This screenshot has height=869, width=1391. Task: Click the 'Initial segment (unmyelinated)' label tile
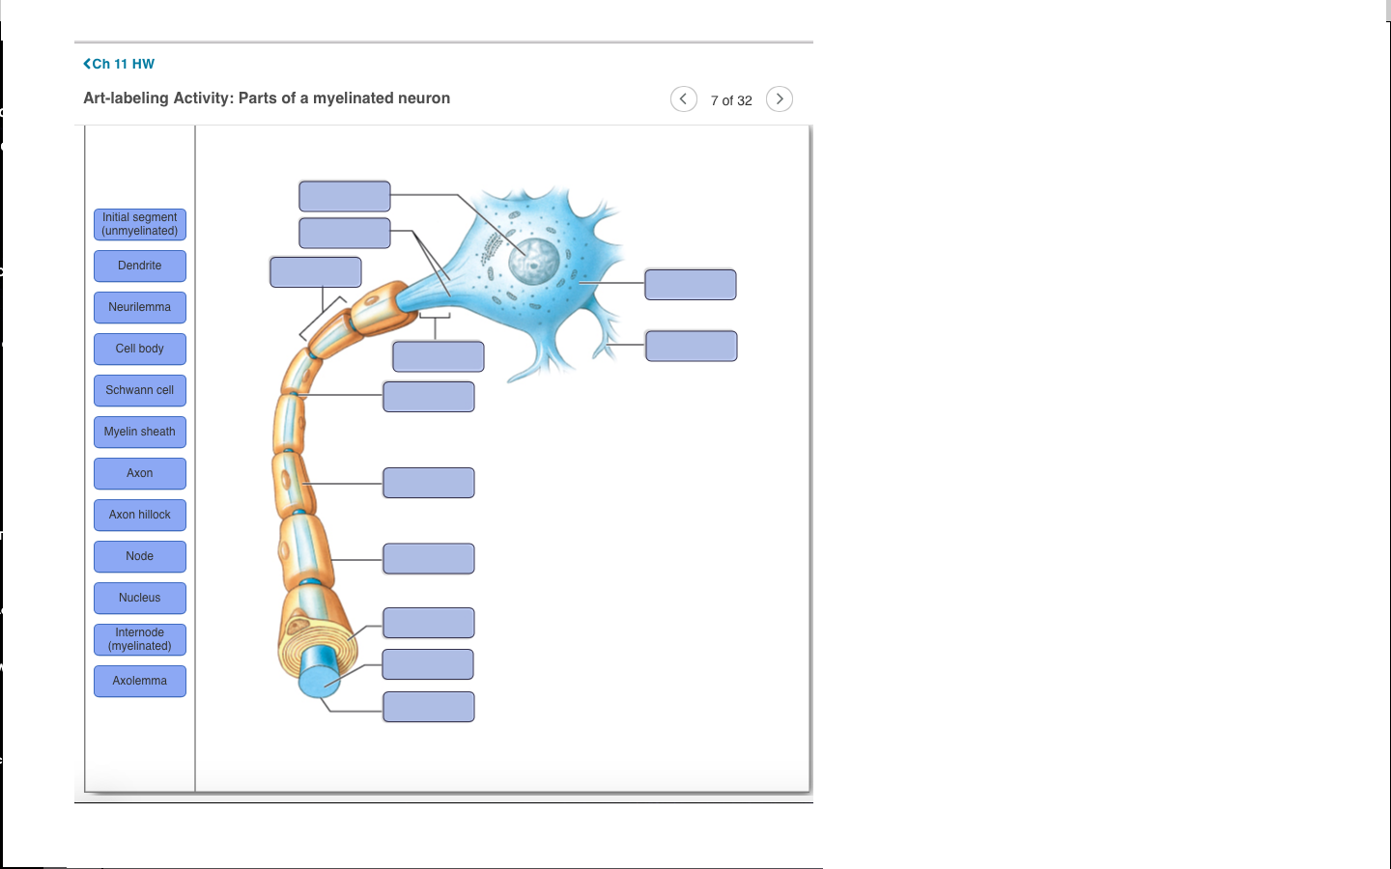(140, 224)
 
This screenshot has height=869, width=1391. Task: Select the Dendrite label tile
(140, 266)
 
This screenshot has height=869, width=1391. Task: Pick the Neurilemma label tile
(140, 307)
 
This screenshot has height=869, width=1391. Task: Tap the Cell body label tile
(140, 349)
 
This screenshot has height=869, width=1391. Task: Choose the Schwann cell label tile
(140, 390)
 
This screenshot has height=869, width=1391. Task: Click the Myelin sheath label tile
(140, 432)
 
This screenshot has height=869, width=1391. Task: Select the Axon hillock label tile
(140, 515)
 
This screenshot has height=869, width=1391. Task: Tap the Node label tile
(140, 556)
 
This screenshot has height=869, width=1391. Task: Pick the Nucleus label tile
(140, 598)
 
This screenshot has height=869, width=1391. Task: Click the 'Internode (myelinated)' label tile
(140, 639)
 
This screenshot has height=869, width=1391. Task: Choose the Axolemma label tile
(140, 681)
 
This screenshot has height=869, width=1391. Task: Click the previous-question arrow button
(684, 99)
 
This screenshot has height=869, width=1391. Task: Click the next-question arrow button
(780, 99)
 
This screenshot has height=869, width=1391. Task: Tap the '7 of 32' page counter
(731, 100)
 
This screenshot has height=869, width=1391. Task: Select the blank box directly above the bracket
(316, 272)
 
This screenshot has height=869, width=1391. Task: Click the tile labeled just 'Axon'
(140, 473)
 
